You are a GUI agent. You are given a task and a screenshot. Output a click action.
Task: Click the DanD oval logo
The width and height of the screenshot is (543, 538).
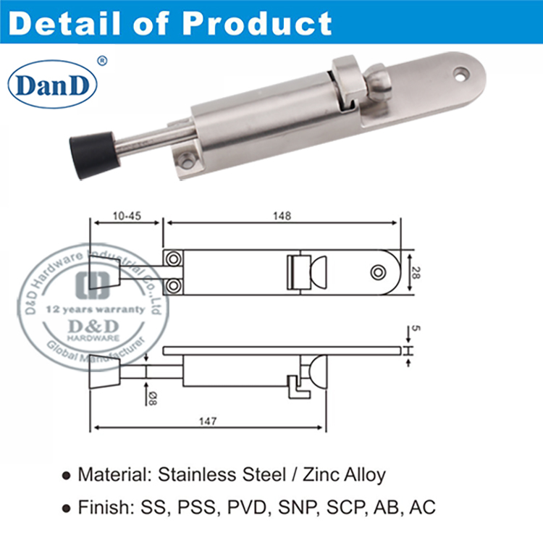pos(52,85)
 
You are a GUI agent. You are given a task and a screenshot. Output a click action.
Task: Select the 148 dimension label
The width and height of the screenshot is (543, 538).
pos(282,216)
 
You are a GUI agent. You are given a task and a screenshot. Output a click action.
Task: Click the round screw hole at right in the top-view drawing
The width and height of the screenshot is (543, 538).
pos(378,272)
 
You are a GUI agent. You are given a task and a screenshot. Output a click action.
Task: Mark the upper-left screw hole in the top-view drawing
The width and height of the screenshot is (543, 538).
pos(174,259)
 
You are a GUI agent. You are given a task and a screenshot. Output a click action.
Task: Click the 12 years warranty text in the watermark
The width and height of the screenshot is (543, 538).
pos(85,309)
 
